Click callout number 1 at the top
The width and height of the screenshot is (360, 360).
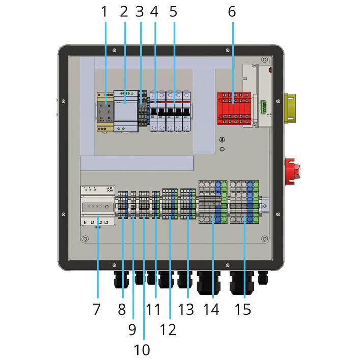[x=105, y=12]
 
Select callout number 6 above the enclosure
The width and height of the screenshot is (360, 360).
[x=232, y=12]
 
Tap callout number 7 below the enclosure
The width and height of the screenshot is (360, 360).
[x=97, y=309]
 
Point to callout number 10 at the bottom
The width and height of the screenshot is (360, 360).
[x=143, y=350]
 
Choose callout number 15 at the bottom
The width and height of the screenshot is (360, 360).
[x=244, y=309]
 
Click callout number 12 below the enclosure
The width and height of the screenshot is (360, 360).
[x=168, y=329]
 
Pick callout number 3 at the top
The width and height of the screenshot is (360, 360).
[x=140, y=12]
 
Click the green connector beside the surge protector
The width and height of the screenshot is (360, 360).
[x=263, y=107]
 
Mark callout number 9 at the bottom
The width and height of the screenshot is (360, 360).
[x=132, y=329]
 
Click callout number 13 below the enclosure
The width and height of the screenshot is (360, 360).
[x=186, y=309]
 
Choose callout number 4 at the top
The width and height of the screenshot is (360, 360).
[x=155, y=12]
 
